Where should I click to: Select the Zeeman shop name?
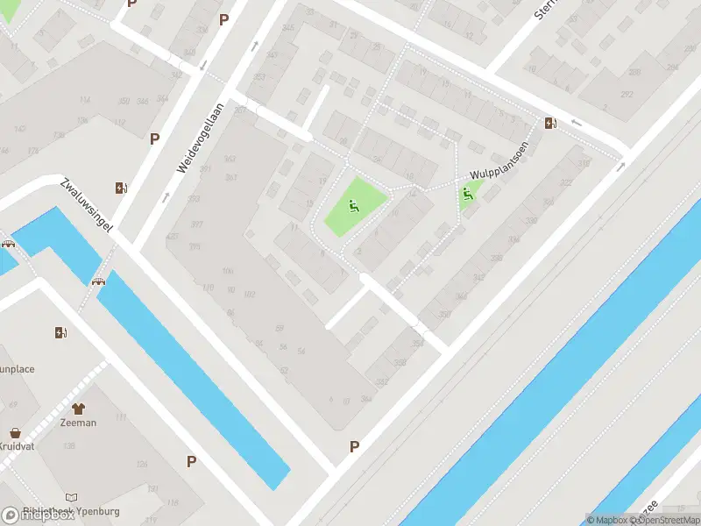pyautogui.click(x=79, y=423)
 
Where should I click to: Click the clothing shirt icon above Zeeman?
pyautogui.click(x=79, y=409)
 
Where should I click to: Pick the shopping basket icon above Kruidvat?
pyautogui.click(x=15, y=433)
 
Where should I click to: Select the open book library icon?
pyautogui.click(x=71, y=497)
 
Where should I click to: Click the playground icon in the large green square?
pyautogui.click(x=353, y=207)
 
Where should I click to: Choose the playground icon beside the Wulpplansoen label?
pyautogui.click(x=468, y=195)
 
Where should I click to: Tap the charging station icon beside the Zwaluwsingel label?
pyautogui.click(x=120, y=188)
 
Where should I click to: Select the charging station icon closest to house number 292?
pyautogui.click(x=550, y=123)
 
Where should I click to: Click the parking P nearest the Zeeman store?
pyautogui.click(x=190, y=461)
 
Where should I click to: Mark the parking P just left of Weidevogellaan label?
pyautogui.click(x=154, y=138)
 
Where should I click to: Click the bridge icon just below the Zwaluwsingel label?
pyautogui.click(x=97, y=281)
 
